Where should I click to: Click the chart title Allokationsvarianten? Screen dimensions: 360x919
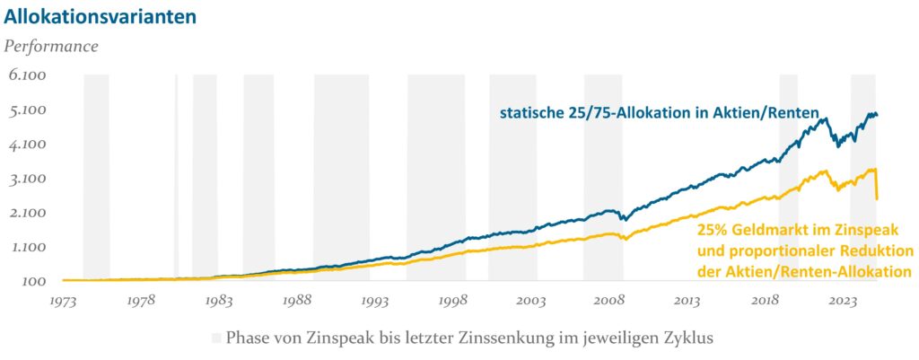(101, 15)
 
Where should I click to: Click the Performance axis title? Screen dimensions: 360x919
(52, 44)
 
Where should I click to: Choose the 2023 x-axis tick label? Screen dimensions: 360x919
(844, 301)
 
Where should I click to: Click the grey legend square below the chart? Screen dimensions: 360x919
(216, 338)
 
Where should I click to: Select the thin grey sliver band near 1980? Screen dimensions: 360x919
(176, 180)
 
